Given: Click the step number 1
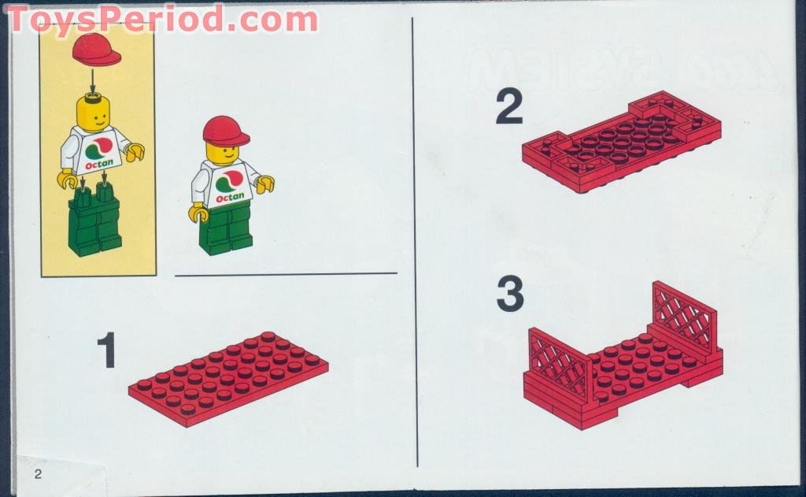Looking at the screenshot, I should coord(107,351).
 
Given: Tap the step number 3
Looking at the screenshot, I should coord(510,295).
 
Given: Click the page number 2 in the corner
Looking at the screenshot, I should coord(37,474).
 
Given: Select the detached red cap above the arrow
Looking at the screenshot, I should coord(96,50).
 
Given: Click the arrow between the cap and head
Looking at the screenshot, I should coord(93,80).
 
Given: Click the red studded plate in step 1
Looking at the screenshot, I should coord(228,377).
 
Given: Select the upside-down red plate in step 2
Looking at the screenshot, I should coord(622,142).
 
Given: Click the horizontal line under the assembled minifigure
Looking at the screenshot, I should coord(285,274).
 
